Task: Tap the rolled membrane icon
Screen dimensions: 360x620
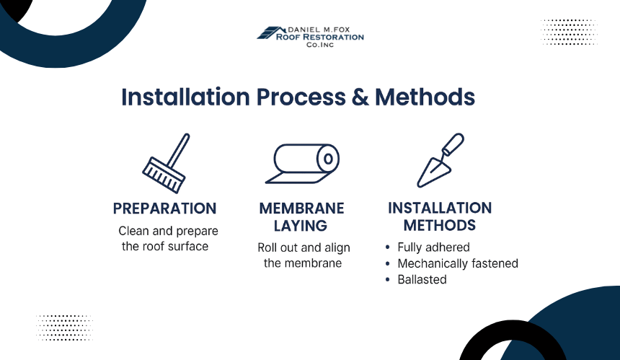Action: pyautogui.click(x=302, y=164)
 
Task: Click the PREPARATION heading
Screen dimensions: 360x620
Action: pyautogui.click(x=165, y=208)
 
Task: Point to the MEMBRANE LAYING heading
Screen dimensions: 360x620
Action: pyautogui.click(x=302, y=217)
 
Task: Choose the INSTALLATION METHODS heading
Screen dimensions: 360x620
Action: pyautogui.click(x=440, y=217)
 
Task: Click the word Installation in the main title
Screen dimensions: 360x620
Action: pyautogui.click(x=186, y=98)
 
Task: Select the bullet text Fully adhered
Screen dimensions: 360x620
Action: pyautogui.click(x=433, y=247)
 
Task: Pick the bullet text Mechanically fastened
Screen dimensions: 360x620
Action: pyautogui.click(x=458, y=263)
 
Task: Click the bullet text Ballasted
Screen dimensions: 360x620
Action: pyautogui.click(x=422, y=279)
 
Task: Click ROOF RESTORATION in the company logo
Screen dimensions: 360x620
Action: pyautogui.click(x=320, y=37)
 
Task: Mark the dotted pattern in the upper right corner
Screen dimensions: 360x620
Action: pyautogui.click(x=569, y=32)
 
